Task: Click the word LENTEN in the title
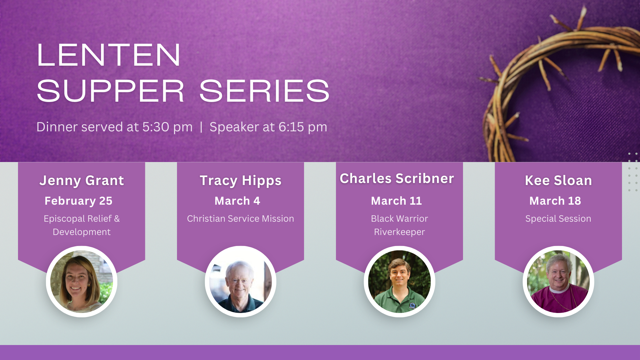click(109, 55)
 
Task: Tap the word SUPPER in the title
click(110, 91)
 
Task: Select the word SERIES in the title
click(264, 91)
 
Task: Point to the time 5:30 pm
click(167, 127)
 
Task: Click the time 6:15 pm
click(303, 127)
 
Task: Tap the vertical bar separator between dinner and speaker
click(201, 127)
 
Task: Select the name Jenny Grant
click(82, 181)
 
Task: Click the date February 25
click(78, 201)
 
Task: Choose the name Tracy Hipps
click(241, 181)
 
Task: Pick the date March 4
click(237, 201)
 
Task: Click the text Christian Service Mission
click(241, 219)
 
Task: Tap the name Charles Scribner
click(397, 178)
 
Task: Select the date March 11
click(396, 201)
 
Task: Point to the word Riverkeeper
click(399, 232)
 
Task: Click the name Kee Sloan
click(559, 180)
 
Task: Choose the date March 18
click(555, 201)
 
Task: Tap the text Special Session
click(558, 219)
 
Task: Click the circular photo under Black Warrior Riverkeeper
click(399, 282)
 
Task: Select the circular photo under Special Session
click(558, 282)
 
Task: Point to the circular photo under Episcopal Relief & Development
click(82, 282)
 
